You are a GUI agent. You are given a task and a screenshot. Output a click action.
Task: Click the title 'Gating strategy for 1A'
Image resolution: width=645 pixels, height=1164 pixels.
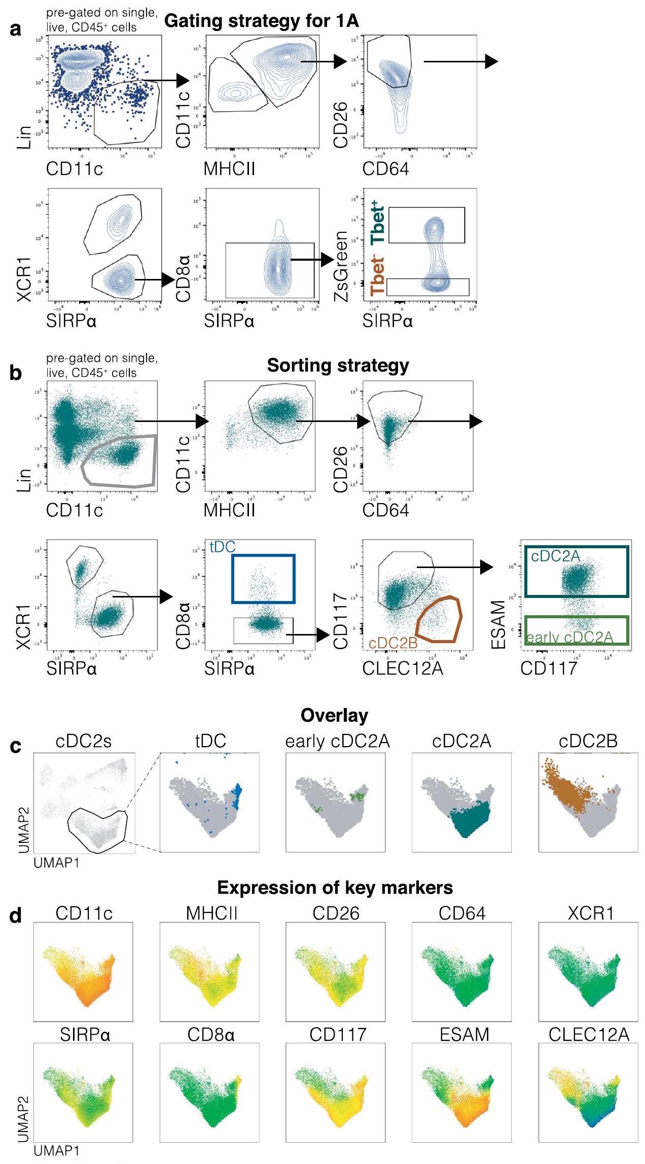click(x=262, y=21)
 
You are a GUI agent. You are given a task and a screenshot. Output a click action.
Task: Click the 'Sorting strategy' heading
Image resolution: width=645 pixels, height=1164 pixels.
click(x=338, y=365)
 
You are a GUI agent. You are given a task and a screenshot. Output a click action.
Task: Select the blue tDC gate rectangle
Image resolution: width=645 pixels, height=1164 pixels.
click(x=263, y=556)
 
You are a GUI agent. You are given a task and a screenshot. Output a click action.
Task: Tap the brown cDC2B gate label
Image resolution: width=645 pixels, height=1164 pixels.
click(x=392, y=643)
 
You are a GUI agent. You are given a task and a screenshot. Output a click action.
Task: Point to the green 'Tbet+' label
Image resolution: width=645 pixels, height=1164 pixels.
click(x=378, y=224)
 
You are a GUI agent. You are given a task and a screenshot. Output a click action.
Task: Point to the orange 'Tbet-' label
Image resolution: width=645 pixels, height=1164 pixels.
click(x=378, y=276)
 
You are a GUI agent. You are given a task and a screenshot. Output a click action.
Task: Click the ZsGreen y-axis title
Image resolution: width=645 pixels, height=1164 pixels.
click(x=342, y=266)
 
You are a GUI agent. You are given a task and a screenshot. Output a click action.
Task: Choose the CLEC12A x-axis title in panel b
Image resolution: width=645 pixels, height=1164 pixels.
click(x=403, y=668)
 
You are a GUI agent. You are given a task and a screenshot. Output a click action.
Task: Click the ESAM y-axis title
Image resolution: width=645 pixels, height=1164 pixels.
click(x=499, y=624)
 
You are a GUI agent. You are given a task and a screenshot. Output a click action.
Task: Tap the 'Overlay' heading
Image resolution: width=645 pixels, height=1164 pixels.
click(x=334, y=716)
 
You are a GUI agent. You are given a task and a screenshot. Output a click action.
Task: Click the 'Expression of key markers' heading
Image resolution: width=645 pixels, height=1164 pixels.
click(x=335, y=888)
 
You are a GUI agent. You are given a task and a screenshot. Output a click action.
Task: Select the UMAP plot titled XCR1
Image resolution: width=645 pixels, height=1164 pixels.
click(x=588, y=971)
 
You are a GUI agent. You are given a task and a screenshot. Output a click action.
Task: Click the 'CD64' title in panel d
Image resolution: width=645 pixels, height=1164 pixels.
click(x=462, y=913)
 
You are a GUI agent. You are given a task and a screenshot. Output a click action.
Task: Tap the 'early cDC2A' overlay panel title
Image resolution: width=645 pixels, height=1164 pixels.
click(x=337, y=742)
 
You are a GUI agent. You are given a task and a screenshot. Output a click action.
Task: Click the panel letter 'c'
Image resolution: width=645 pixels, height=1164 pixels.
click(x=16, y=746)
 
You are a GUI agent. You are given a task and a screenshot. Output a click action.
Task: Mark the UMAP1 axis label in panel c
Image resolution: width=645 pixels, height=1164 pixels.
click(x=57, y=862)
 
